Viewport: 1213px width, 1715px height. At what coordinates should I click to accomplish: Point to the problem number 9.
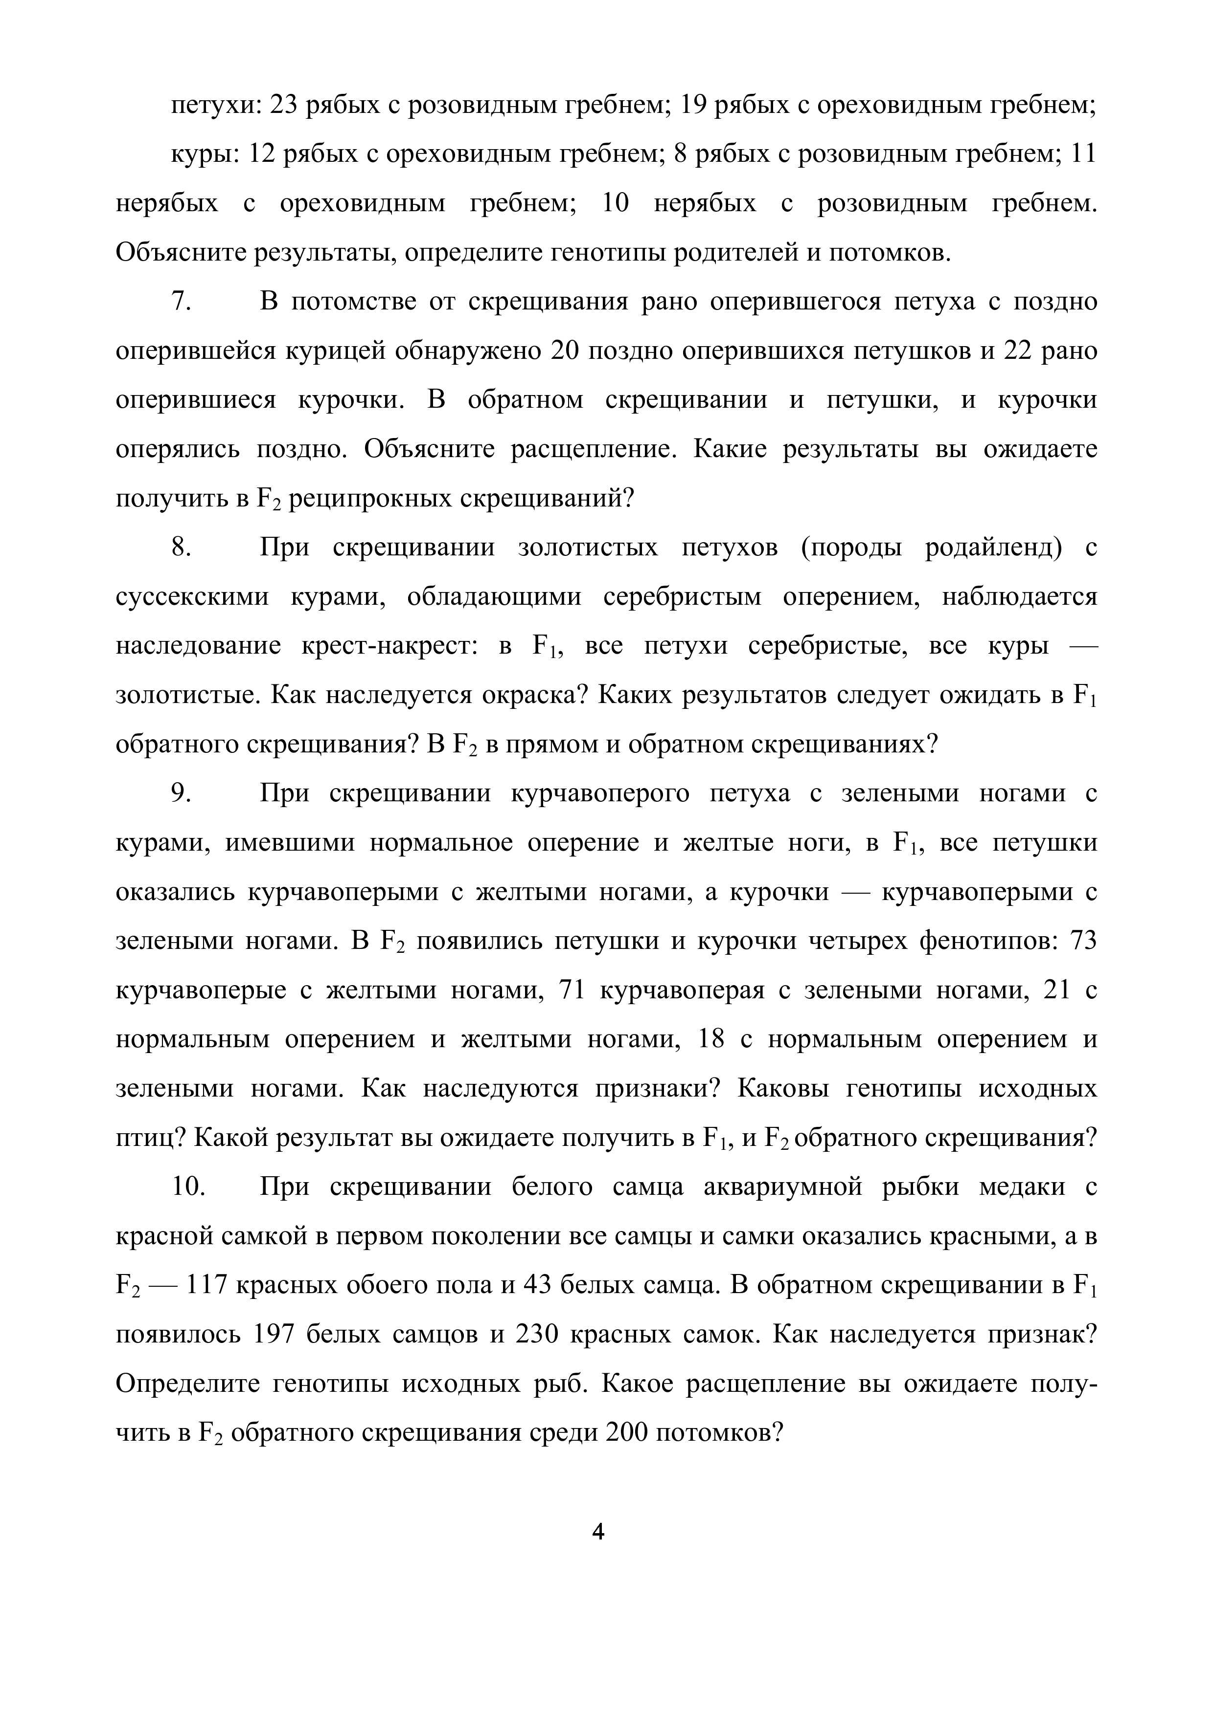click(x=182, y=793)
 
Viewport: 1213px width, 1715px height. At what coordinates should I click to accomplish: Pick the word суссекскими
click(x=192, y=597)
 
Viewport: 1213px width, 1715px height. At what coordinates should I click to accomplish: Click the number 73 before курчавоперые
click(x=1082, y=941)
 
